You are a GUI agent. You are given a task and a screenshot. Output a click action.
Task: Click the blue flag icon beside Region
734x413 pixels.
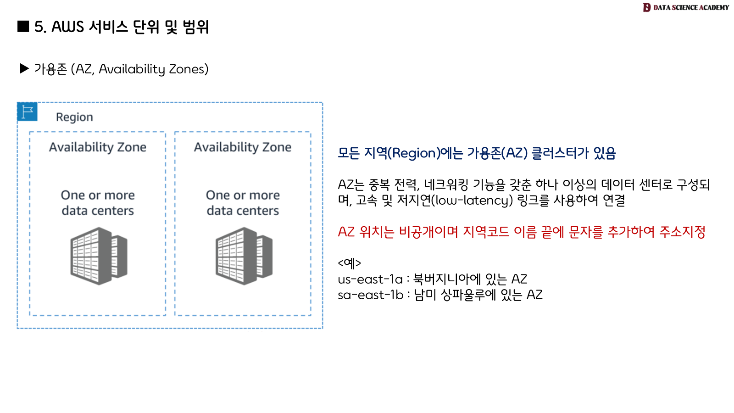pyautogui.click(x=27, y=112)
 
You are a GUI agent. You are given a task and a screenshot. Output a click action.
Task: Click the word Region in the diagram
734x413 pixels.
pyautogui.click(x=74, y=117)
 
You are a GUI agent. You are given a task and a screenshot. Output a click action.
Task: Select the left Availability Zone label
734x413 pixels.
pyautogui.click(x=98, y=147)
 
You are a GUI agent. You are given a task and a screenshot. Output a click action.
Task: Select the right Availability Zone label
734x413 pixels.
pyautogui.click(x=243, y=147)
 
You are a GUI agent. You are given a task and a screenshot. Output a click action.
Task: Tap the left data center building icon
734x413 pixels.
pyautogui.click(x=99, y=256)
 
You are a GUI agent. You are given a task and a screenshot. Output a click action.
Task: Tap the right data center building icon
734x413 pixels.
pyautogui.click(x=244, y=256)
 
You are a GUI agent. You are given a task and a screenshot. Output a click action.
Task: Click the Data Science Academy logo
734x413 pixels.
pyautogui.click(x=686, y=7)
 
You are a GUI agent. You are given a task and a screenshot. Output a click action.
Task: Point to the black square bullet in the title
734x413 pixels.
pyautogui.click(x=23, y=27)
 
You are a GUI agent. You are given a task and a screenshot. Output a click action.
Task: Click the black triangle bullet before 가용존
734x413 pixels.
pyautogui.click(x=24, y=69)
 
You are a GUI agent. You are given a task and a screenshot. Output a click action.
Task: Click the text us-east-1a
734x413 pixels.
pyautogui.click(x=370, y=279)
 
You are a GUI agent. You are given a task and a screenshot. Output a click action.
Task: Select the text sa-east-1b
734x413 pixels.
pyautogui.click(x=370, y=295)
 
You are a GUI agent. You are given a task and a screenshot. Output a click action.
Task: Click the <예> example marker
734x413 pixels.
pyautogui.click(x=349, y=263)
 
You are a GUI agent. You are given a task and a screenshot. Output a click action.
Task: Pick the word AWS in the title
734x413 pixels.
pyautogui.click(x=67, y=27)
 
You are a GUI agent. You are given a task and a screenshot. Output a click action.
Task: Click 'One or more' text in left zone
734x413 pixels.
pyautogui.click(x=98, y=195)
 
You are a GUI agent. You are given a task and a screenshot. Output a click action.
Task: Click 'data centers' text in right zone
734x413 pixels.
pyautogui.click(x=243, y=211)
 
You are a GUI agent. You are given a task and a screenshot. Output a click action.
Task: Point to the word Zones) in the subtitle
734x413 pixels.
pyautogui.click(x=189, y=69)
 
